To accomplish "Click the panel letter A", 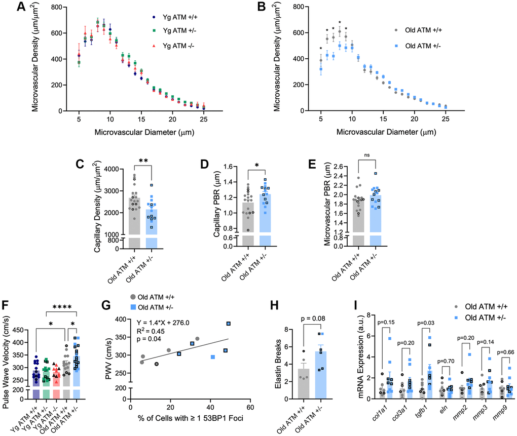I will (x=7, y=7).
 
